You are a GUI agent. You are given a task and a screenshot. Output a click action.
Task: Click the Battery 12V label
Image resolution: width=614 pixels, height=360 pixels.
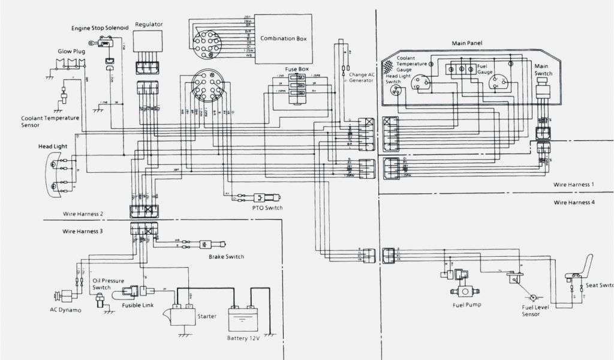coord(243,337)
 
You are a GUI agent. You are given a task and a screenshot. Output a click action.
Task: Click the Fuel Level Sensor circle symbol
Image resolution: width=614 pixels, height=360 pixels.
coord(531,298)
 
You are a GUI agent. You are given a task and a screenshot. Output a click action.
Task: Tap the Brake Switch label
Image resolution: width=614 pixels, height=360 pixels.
coord(226,257)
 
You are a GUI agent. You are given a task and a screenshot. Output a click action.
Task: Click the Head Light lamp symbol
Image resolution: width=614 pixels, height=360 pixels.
coord(55,173)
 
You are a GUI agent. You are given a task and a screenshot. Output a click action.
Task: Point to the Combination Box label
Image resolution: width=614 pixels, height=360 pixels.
coord(284,38)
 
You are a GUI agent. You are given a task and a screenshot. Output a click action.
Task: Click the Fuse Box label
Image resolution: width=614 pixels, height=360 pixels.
coord(296,69)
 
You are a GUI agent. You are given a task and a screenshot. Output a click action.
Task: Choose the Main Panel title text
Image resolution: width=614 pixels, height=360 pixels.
coord(467,43)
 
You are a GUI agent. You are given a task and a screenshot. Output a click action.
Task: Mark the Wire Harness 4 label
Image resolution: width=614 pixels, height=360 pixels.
coord(574,203)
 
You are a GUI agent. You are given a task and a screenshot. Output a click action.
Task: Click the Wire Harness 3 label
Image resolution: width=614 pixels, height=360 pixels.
coord(83,231)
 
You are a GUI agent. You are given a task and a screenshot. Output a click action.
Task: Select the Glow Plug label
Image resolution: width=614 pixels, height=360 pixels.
coord(70,51)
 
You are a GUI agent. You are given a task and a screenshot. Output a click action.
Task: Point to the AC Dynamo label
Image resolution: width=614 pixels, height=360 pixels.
coord(65,310)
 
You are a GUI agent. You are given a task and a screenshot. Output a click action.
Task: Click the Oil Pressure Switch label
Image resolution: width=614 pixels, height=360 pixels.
coord(106,284)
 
